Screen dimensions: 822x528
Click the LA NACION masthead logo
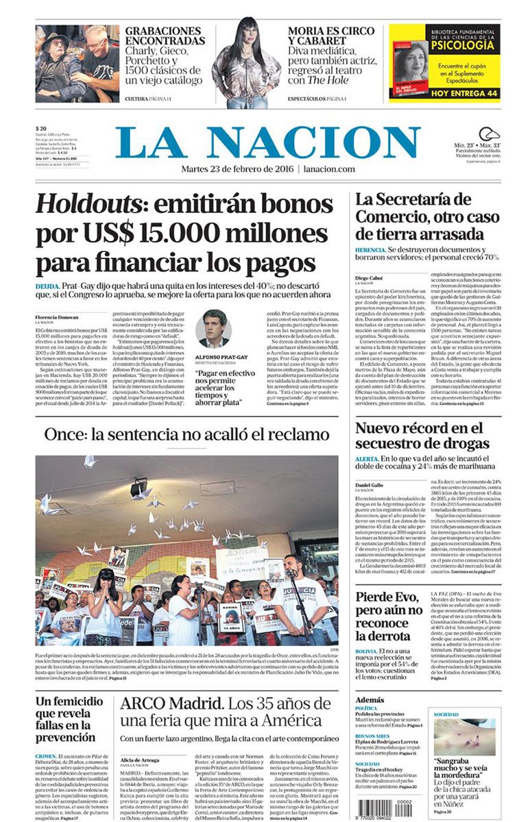tap(267, 142)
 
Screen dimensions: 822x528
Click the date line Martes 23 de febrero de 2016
tap(237, 169)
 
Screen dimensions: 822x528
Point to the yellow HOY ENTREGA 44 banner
tap(444, 92)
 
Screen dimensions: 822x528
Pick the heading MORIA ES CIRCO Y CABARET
tap(331, 36)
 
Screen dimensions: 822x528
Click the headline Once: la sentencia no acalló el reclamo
tap(187, 434)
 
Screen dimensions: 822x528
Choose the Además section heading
tap(370, 700)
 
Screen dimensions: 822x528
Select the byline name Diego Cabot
tap(370, 278)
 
